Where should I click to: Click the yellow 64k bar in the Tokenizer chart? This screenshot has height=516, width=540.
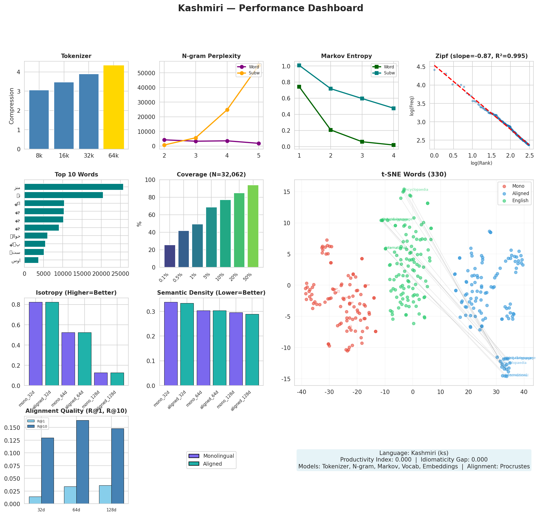point(114,107)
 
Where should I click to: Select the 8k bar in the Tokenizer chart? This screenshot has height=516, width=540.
point(39,120)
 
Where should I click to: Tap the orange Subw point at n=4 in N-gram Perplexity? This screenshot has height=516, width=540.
point(227,110)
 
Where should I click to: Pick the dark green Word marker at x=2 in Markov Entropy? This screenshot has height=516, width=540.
point(331,130)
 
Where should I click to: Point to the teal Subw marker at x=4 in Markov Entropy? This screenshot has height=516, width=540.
point(393,108)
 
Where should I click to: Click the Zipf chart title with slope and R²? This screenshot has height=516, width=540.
point(481,56)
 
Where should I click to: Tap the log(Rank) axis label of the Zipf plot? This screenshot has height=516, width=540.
point(481,163)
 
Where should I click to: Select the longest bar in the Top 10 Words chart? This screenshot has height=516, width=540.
point(74,187)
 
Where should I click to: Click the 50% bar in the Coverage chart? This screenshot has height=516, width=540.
point(253,226)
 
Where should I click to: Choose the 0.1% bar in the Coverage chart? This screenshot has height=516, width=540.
point(170,256)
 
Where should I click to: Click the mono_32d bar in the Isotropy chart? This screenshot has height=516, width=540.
point(36,344)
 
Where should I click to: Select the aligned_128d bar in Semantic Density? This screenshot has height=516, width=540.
point(252,350)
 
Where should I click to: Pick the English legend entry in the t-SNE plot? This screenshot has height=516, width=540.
point(520,201)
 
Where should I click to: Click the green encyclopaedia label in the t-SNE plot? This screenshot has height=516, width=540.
point(417,190)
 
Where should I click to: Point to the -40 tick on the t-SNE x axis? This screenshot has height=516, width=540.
point(302,392)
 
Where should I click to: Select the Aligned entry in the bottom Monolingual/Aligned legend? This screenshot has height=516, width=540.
point(212,464)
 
